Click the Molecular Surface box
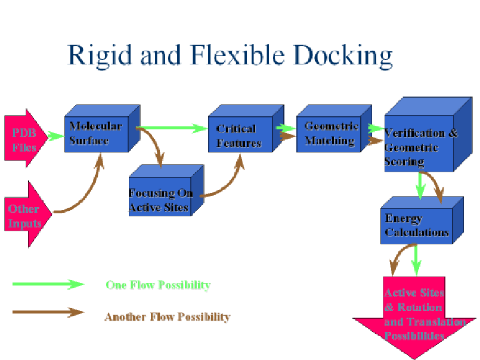click(x=95, y=134)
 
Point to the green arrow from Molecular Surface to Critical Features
click(x=173, y=128)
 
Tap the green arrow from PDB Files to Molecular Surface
click(x=55, y=135)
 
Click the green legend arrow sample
click(x=48, y=284)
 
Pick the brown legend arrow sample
click(x=48, y=312)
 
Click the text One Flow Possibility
click(x=158, y=285)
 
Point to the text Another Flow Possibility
click(x=168, y=316)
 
